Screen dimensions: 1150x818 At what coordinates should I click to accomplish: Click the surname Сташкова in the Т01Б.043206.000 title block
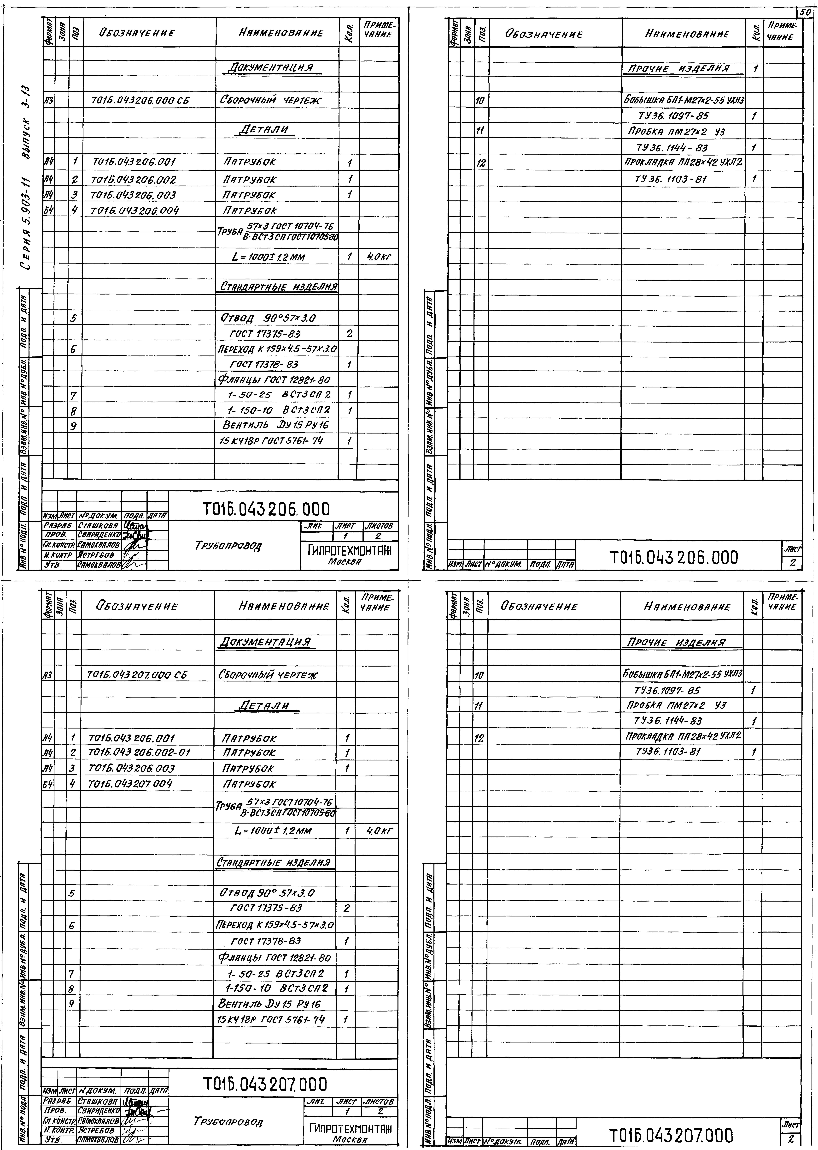click(98, 525)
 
